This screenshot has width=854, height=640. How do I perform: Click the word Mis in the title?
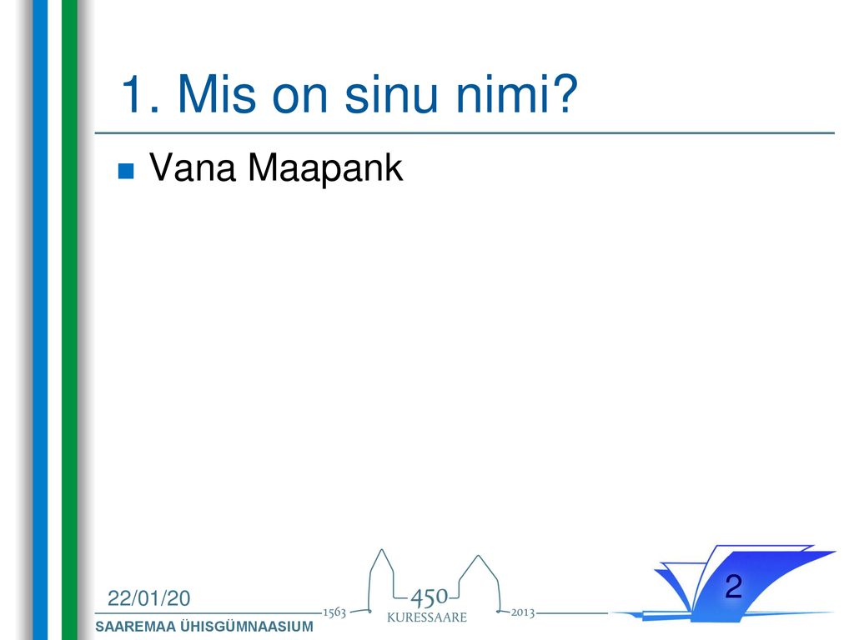(216, 94)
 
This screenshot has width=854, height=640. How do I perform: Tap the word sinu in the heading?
(390, 94)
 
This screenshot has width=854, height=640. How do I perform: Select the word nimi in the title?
(503, 94)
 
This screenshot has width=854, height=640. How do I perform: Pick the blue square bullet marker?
(126, 171)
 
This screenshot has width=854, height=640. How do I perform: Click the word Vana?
(193, 167)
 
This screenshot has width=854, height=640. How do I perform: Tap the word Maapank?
(325, 168)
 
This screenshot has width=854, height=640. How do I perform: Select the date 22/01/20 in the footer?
(149, 598)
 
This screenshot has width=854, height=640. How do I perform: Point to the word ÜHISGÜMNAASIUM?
(247, 626)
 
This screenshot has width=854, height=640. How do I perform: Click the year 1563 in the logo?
(334, 612)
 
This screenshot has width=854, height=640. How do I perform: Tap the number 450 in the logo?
(429, 598)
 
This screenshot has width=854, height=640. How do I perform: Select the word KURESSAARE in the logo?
(427, 617)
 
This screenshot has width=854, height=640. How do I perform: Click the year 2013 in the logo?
(522, 612)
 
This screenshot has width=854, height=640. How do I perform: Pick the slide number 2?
(734, 586)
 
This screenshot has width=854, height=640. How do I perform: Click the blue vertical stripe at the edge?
(40, 320)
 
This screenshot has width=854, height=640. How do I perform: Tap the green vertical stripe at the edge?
(69, 320)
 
